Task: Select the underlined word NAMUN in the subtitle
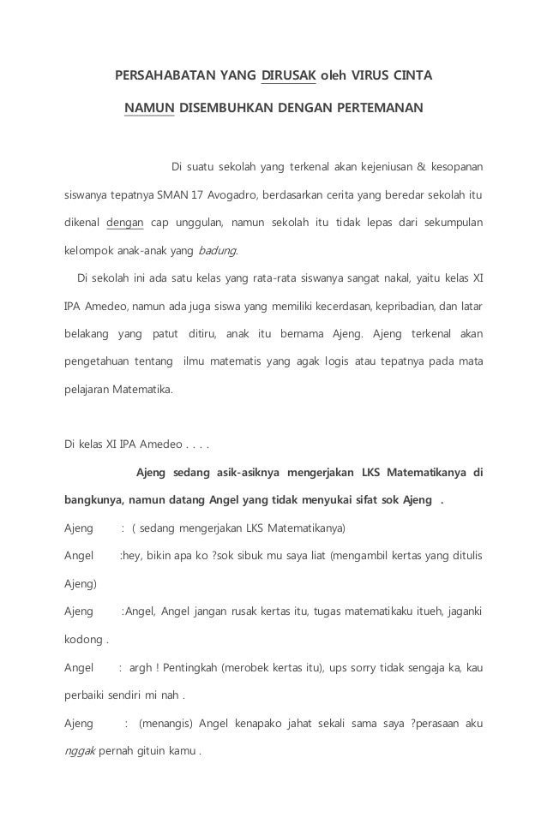pos(150,109)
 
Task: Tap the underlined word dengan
pos(123,223)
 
